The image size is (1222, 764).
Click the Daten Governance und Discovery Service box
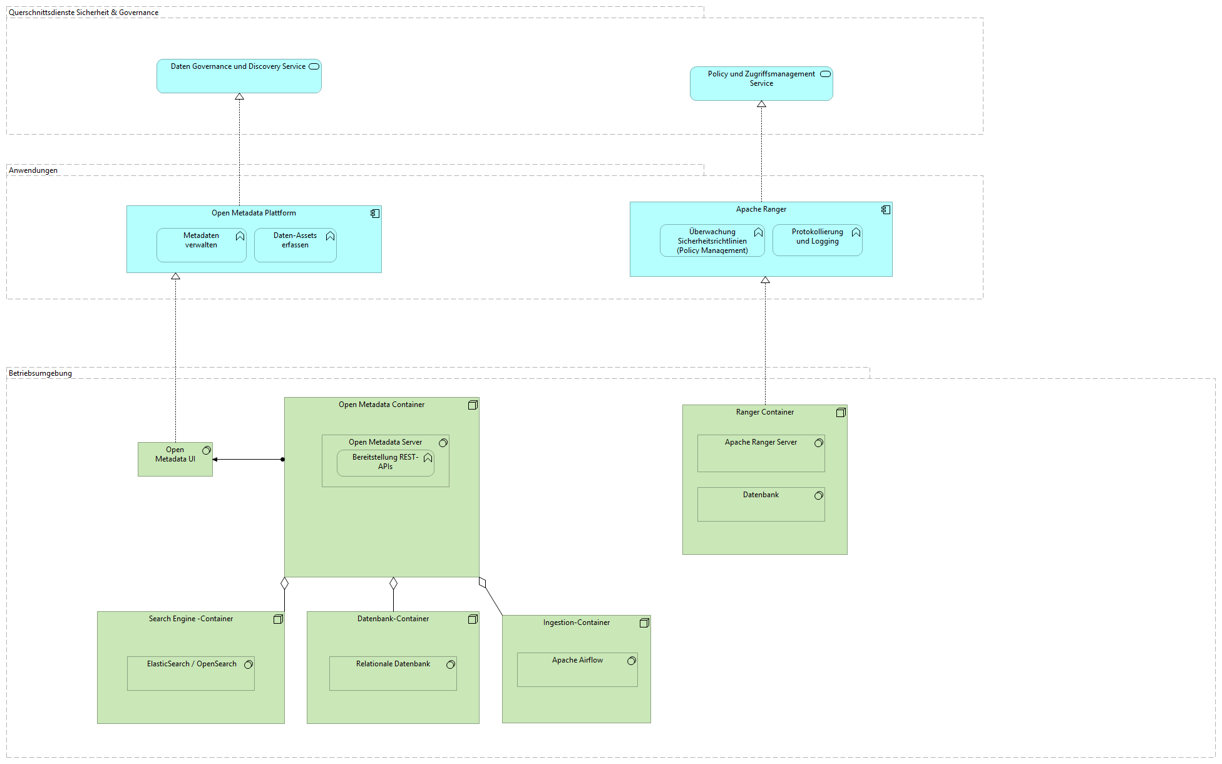click(239, 76)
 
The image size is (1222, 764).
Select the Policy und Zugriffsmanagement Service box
click(761, 84)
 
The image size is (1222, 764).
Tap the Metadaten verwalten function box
click(201, 245)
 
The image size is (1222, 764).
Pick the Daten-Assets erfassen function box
click(295, 245)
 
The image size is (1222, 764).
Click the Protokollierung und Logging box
click(817, 241)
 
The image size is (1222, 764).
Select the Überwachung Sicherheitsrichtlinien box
click(712, 241)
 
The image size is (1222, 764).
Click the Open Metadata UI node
click(175, 460)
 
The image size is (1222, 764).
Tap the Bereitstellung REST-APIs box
click(385, 463)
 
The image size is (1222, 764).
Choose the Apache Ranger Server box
click(761, 454)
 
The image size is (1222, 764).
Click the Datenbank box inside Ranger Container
click(761, 505)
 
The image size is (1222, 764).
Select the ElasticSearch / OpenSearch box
click(190, 674)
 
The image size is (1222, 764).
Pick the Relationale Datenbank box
click(393, 674)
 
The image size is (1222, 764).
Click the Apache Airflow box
click(577, 670)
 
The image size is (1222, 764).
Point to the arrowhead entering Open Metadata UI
click(215, 460)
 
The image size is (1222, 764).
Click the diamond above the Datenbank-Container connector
click(393, 584)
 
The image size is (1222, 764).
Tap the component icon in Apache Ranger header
click(885, 210)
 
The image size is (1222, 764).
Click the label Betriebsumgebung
click(40, 373)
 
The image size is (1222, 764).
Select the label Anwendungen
click(33, 170)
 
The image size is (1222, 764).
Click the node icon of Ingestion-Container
click(644, 623)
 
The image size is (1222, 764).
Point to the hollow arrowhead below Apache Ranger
click(765, 281)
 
